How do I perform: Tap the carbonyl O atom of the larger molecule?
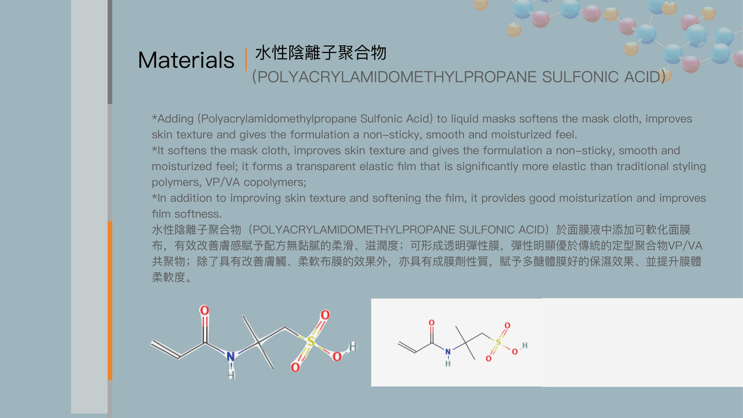coord(204,310)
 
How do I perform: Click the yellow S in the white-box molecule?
coord(498,342)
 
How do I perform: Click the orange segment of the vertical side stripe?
coord(110,300)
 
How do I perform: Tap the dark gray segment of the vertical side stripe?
coord(110,52)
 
